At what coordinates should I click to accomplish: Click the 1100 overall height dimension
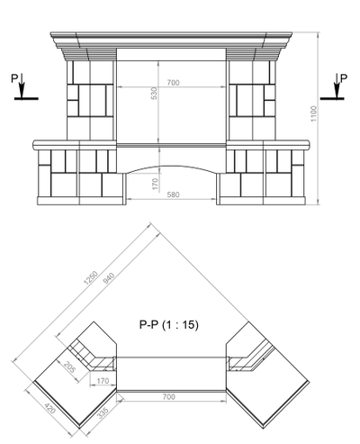point(313,113)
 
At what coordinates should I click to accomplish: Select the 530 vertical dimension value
point(154,94)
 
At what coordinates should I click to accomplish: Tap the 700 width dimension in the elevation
point(173,83)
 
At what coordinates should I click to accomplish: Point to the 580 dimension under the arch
point(173,195)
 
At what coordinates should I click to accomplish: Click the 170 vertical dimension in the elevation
point(155,184)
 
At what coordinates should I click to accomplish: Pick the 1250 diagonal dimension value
point(91,277)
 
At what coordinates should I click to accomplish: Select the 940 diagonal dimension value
point(109,278)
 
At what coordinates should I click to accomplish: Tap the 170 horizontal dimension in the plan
point(103,381)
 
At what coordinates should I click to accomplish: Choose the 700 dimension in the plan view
point(168,396)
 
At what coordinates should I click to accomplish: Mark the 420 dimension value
point(50,408)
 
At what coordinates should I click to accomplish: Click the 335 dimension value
point(103,412)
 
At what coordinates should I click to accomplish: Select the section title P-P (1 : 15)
point(169,324)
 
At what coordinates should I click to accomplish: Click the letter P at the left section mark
point(14,78)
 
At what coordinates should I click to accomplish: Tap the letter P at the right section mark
point(344,78)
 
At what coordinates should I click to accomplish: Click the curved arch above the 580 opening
point(171,166)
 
